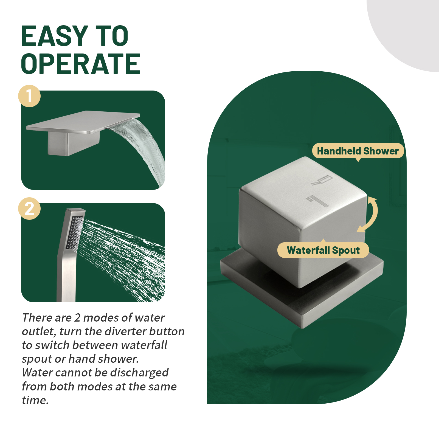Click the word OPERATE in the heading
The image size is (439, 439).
[x=81, y=64]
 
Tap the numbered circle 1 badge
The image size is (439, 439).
[x=29, y=96]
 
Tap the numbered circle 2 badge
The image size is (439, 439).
[x=29, y=209]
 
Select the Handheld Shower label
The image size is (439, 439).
[x=358, y=151]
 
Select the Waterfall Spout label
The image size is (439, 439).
[x=323, y=250]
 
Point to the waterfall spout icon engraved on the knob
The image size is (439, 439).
[x=322, y=180]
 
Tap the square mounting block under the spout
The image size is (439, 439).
[x=73, y=143]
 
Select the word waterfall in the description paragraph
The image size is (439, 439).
[x=144, y=345]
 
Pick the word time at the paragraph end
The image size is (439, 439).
[x=35, y=400]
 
